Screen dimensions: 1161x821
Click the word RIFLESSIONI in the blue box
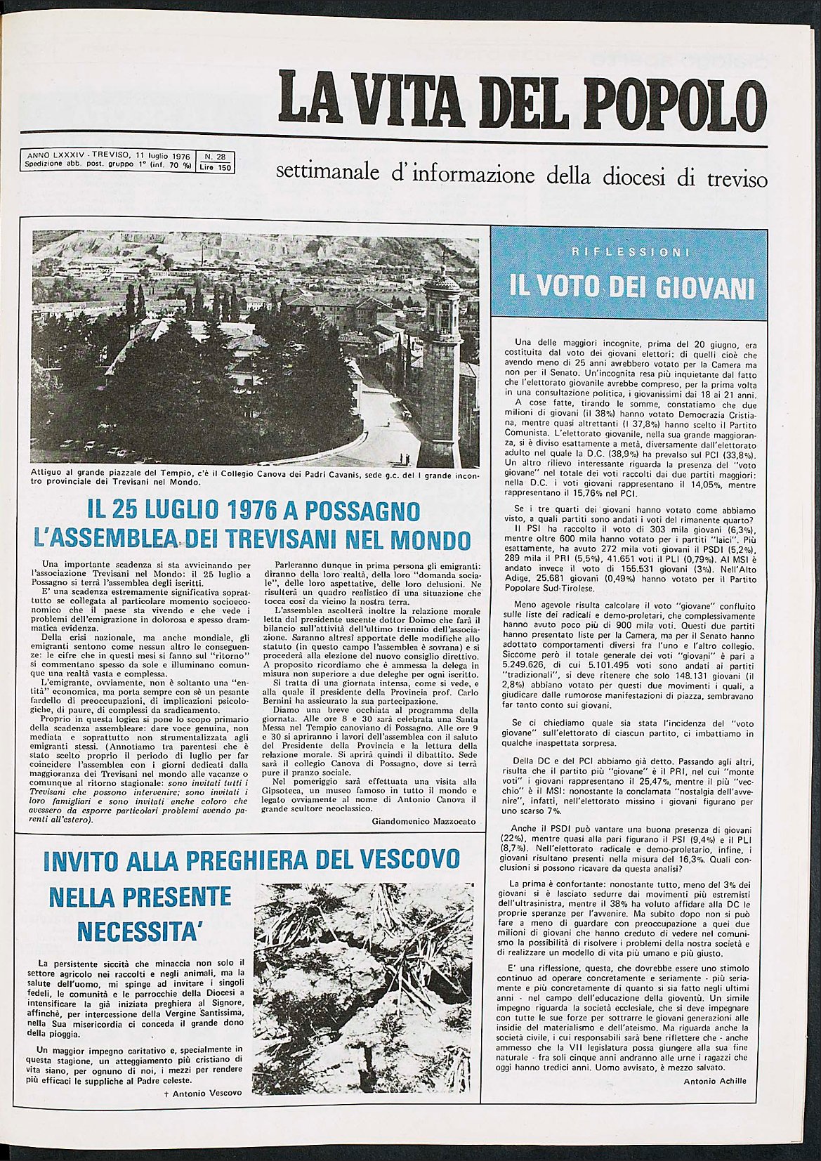(629, 252)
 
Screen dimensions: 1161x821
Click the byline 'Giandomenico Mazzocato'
(423, 821)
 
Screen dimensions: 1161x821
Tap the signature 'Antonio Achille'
(714, 1081)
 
